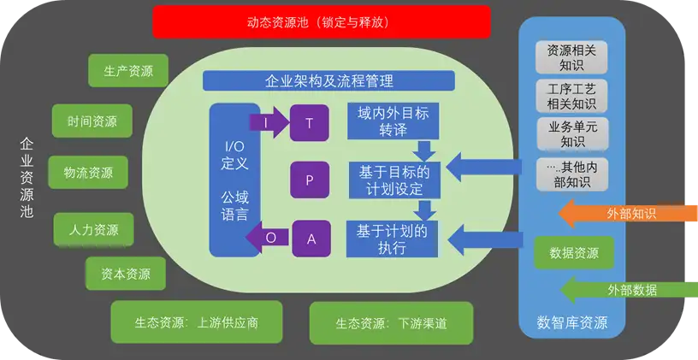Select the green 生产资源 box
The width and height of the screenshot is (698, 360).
(x=128, y=72)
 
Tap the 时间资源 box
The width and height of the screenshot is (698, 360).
(x=92, y=121)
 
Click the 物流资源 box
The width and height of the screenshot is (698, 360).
(x=88, y=172)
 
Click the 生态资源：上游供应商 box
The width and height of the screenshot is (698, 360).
(x=196, y=323)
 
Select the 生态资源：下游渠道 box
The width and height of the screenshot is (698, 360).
(x=392, y=323)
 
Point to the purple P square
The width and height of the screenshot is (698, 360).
(x=309, y=180)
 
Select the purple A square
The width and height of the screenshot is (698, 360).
(x=311, y=239)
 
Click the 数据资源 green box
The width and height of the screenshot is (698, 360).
(x=573, y=253)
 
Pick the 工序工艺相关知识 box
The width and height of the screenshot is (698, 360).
(x=572, y=96)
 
